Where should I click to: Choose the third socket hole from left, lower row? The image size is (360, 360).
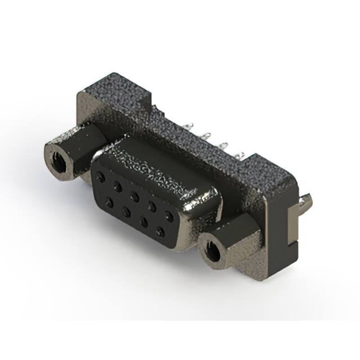coord(144,221)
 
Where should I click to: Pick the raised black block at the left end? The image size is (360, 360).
coord(115,93)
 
